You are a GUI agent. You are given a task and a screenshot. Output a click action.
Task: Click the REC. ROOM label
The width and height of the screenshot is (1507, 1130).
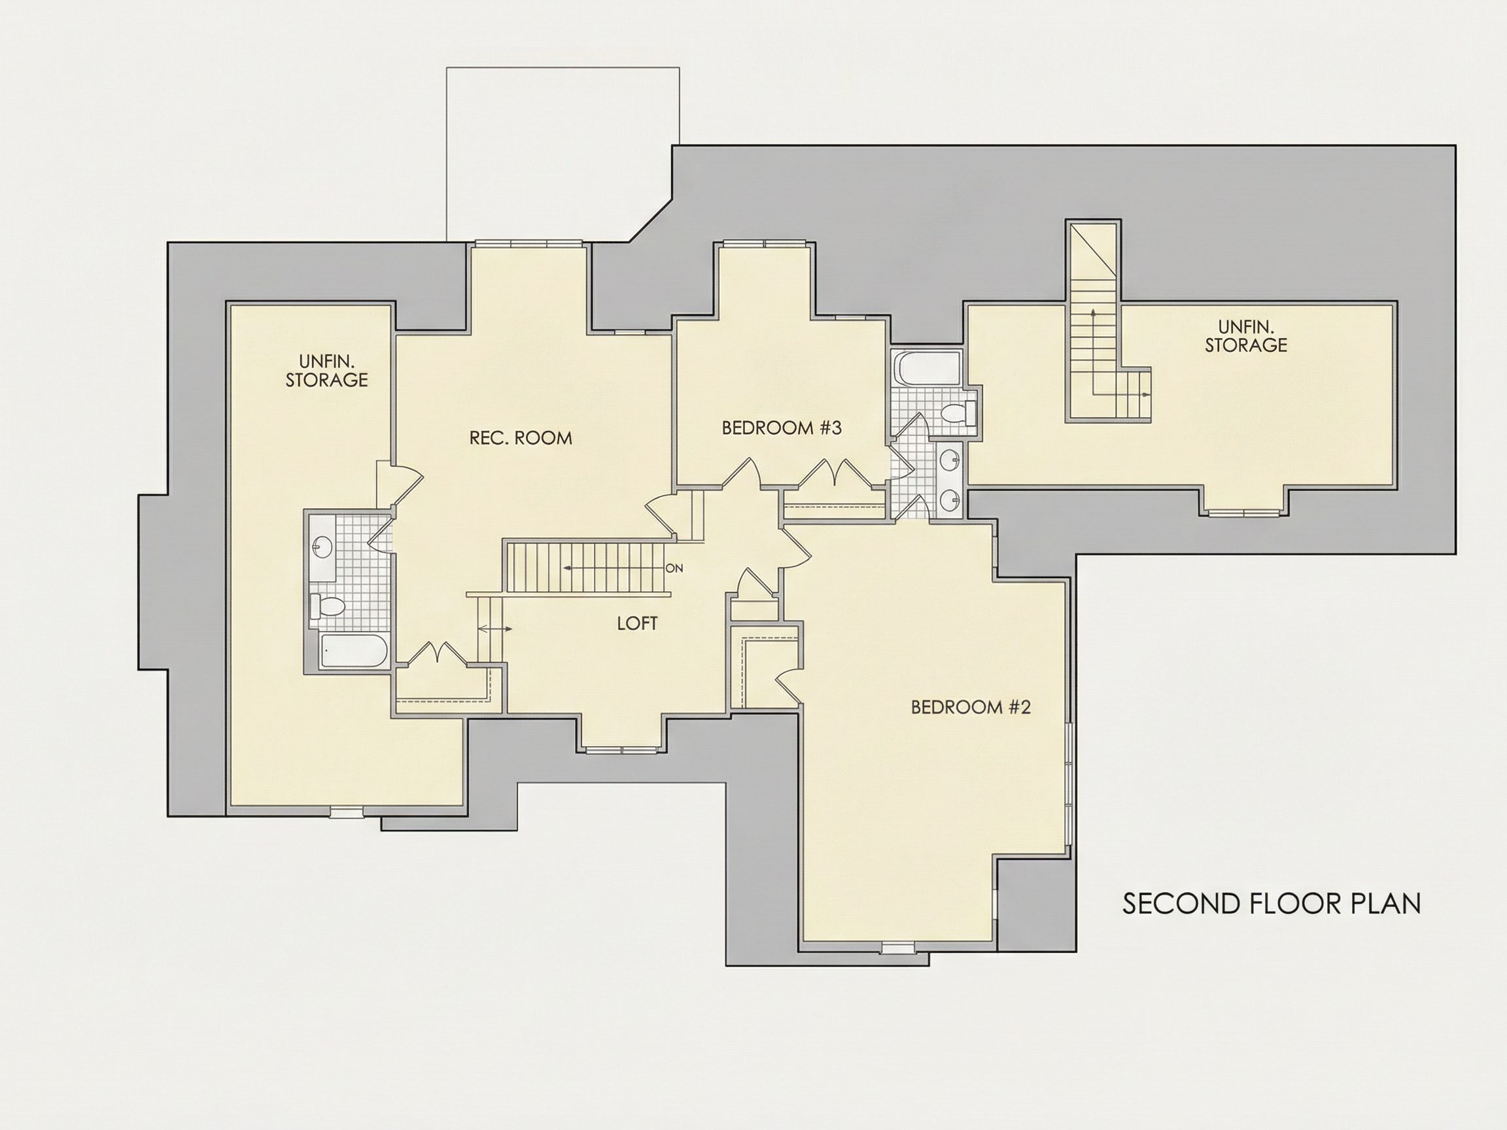pyautogui.click(x=521, y=438)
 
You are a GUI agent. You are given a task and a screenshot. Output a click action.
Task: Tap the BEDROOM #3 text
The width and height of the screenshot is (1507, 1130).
pyautogui.click(x=782, y=428)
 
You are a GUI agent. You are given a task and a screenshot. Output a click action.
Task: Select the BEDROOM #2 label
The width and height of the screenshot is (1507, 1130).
pyautogui.click(x=971, y=707)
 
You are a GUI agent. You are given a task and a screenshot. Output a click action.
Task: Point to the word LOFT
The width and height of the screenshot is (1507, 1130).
pyautogui.click(x=637, y=623)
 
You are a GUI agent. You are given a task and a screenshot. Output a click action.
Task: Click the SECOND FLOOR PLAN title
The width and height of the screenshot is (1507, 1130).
pyautogui.click(x=1272, y=904)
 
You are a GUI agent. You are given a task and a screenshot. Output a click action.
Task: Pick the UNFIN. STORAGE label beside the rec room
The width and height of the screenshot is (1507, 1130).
pyautogui.click(x=326, y=370)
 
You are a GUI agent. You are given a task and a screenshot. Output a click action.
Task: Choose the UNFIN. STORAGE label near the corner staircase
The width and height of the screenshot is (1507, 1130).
pyautogui.click(x=1246, y=336)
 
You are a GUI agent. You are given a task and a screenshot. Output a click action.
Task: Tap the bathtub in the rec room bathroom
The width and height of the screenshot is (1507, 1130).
pyautogui.click(x=354, y=651)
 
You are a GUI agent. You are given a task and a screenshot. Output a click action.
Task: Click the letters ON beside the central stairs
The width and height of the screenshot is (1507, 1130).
pyautogui.click(x=674, y=568)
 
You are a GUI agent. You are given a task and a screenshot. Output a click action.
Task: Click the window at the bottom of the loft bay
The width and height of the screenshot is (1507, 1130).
pyautogui.click(x=623, y=750)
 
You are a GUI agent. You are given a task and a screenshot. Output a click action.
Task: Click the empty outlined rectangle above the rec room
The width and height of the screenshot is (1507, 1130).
pyautogui.click(x=563, y=154)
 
